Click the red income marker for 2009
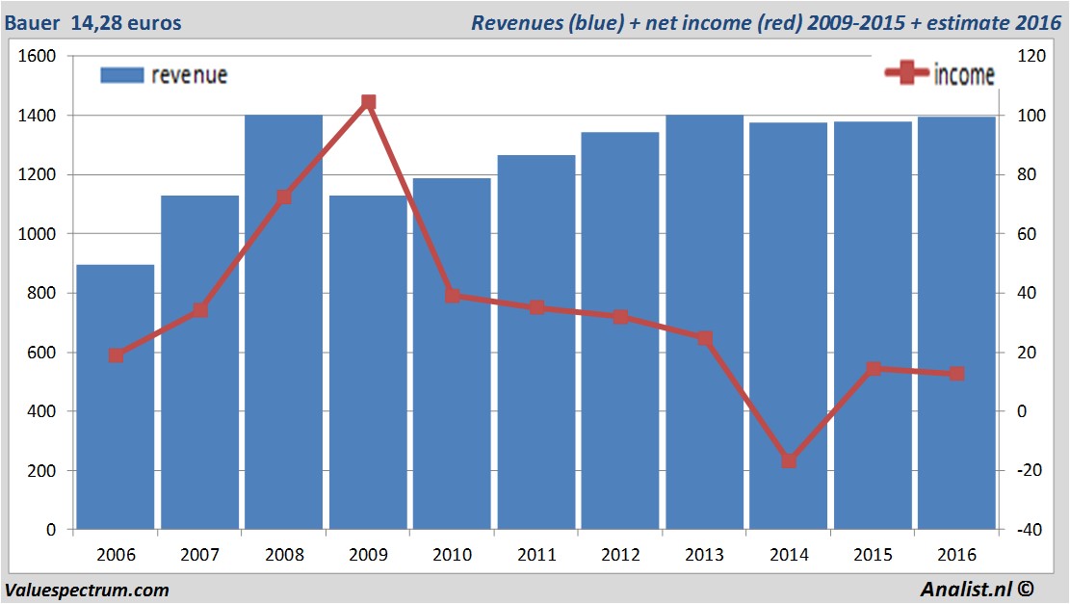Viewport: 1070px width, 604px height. [x=368, y=102]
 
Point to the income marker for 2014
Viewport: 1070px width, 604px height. [x=789, y=461]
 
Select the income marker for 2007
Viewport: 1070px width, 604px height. [x=200, y=310]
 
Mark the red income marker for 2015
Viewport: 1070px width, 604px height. [x=874, y=369]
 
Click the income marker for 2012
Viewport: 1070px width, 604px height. [x=620, y=317]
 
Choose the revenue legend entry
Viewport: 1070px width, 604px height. [x=165, y=75]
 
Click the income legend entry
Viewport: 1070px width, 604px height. [x=940, y=74]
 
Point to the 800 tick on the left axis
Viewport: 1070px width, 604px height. [x=42, y=293]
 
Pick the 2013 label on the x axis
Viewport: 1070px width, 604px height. [x=704, y=555]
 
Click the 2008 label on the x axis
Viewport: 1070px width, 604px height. [x=284, y=555]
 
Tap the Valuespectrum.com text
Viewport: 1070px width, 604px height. [x=87, y=590]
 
